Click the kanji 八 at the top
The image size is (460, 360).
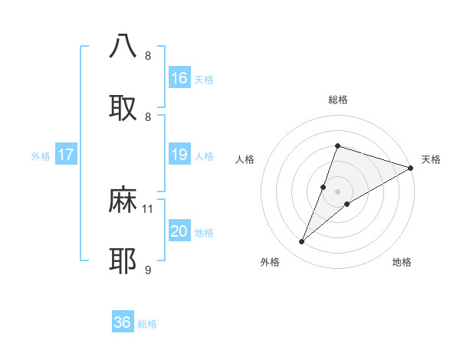pos(123,45)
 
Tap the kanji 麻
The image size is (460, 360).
pos(123,200)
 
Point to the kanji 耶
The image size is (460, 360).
pos(123,261)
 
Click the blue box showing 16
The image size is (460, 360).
pos(179,78)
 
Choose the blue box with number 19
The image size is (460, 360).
pos(179,155)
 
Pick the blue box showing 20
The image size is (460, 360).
pos(179,231)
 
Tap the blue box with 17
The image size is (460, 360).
pos(66,155)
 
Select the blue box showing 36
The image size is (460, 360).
pos(123,322)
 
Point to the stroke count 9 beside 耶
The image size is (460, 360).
pos(148,270)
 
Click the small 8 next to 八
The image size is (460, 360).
pos(148,55)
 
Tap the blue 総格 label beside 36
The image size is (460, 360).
pos(147,324)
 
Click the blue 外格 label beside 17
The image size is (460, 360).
pos(41,156)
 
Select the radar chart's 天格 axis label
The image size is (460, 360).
pos(431,159)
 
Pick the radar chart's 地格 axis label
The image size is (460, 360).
pos(402,262)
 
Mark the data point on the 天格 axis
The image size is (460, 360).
pos(410,168)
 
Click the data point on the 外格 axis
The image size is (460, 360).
pos(302,242)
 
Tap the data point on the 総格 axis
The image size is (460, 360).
pos(337,146)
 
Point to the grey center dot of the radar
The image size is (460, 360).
pos(337,191)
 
